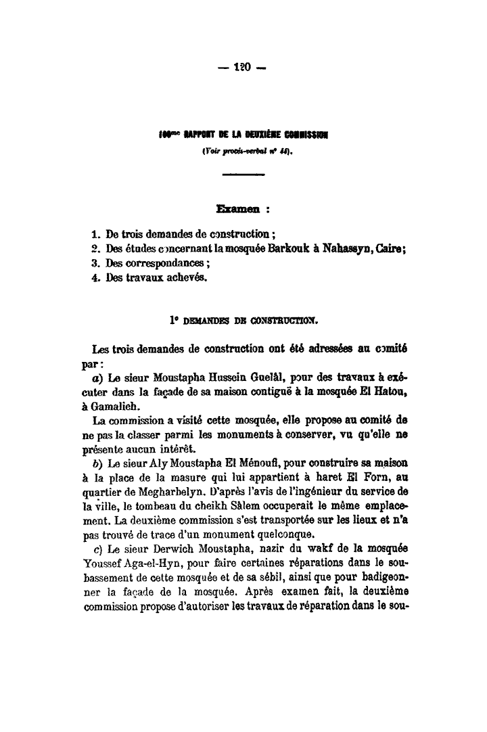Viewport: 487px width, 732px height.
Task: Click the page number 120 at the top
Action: (242, 68)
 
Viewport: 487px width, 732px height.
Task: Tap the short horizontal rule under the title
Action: (243, 175)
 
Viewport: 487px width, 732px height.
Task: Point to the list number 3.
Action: (95, 263)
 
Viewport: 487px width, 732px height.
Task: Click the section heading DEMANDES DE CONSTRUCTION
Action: (248, 317)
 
